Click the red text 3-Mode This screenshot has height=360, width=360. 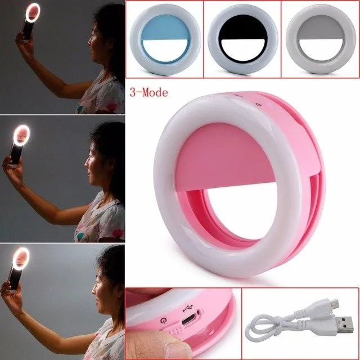tap(148, 92)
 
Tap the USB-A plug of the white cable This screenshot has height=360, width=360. tap(343, 325)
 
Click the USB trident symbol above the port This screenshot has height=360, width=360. tap(188, 308)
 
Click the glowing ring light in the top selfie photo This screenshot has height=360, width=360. tap(33, 12)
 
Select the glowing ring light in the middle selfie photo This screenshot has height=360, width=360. tap(21, 135)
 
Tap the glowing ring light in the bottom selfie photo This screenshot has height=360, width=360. tap(21, 259)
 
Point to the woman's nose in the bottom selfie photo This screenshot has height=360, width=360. tap(94, 291)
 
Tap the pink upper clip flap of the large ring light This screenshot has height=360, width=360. tap(226, 159)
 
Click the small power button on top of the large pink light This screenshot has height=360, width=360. tap(259, 105)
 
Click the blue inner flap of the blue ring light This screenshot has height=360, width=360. tap(166, 28)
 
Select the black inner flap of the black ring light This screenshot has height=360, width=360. tap(244, 28)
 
